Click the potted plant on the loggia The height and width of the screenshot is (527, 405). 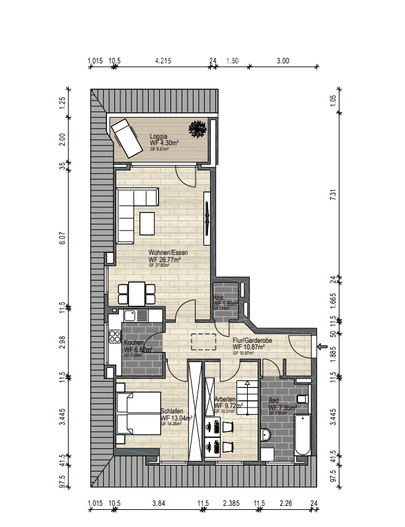[x=198, y=127]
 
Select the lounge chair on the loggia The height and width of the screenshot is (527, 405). [x=126, y=138]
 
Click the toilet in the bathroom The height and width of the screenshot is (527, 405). [x=302, y=400]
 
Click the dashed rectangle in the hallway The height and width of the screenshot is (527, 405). [x=204, y=341]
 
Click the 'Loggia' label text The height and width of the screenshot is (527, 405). [x=158, y=136]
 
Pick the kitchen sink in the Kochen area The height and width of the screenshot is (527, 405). [x=133, y=314]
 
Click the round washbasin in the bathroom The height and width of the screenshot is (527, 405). [x=267, y=435]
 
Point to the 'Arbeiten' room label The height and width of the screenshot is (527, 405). [x=224, y=399]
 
